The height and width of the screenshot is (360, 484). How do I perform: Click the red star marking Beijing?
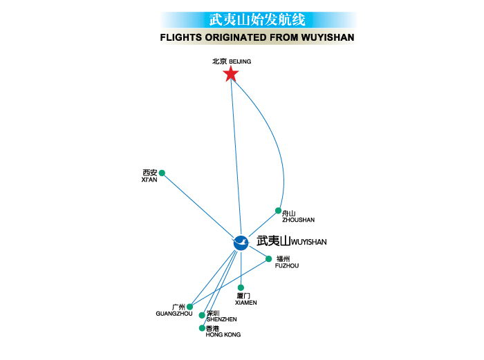(x=230, y=74)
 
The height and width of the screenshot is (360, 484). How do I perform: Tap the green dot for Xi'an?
(x=162, y=173)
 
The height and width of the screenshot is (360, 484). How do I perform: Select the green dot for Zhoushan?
(x=278, y=211)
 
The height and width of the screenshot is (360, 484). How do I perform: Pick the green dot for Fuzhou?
(x=269, y=259)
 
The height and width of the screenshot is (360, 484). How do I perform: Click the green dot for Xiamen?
(x=241, y=287)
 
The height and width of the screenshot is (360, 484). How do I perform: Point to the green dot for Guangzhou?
(x=189, y=307)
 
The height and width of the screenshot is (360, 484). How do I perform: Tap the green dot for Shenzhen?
(x=202, y=315)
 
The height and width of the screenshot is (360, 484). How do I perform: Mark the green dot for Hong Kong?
(x=201, y=328)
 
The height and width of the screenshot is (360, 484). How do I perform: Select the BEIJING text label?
(x=240, y=62)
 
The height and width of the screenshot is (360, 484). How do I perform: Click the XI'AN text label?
(x=149, y=180)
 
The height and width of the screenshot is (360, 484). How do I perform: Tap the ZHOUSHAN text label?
(x=299, y=220)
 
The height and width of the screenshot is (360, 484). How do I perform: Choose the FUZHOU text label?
(x=287, y=265)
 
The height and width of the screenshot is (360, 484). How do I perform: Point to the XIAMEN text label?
(x=245, y=303)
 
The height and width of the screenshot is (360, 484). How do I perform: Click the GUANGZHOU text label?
(x=174, y=314)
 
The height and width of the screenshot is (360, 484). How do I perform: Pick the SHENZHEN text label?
(x=221, y=319)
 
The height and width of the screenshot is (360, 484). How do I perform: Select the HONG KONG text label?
(x=223, y=334)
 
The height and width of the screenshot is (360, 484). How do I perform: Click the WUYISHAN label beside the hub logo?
(x=309, y=243)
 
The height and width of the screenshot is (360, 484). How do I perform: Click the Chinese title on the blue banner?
(x=257, y=19)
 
